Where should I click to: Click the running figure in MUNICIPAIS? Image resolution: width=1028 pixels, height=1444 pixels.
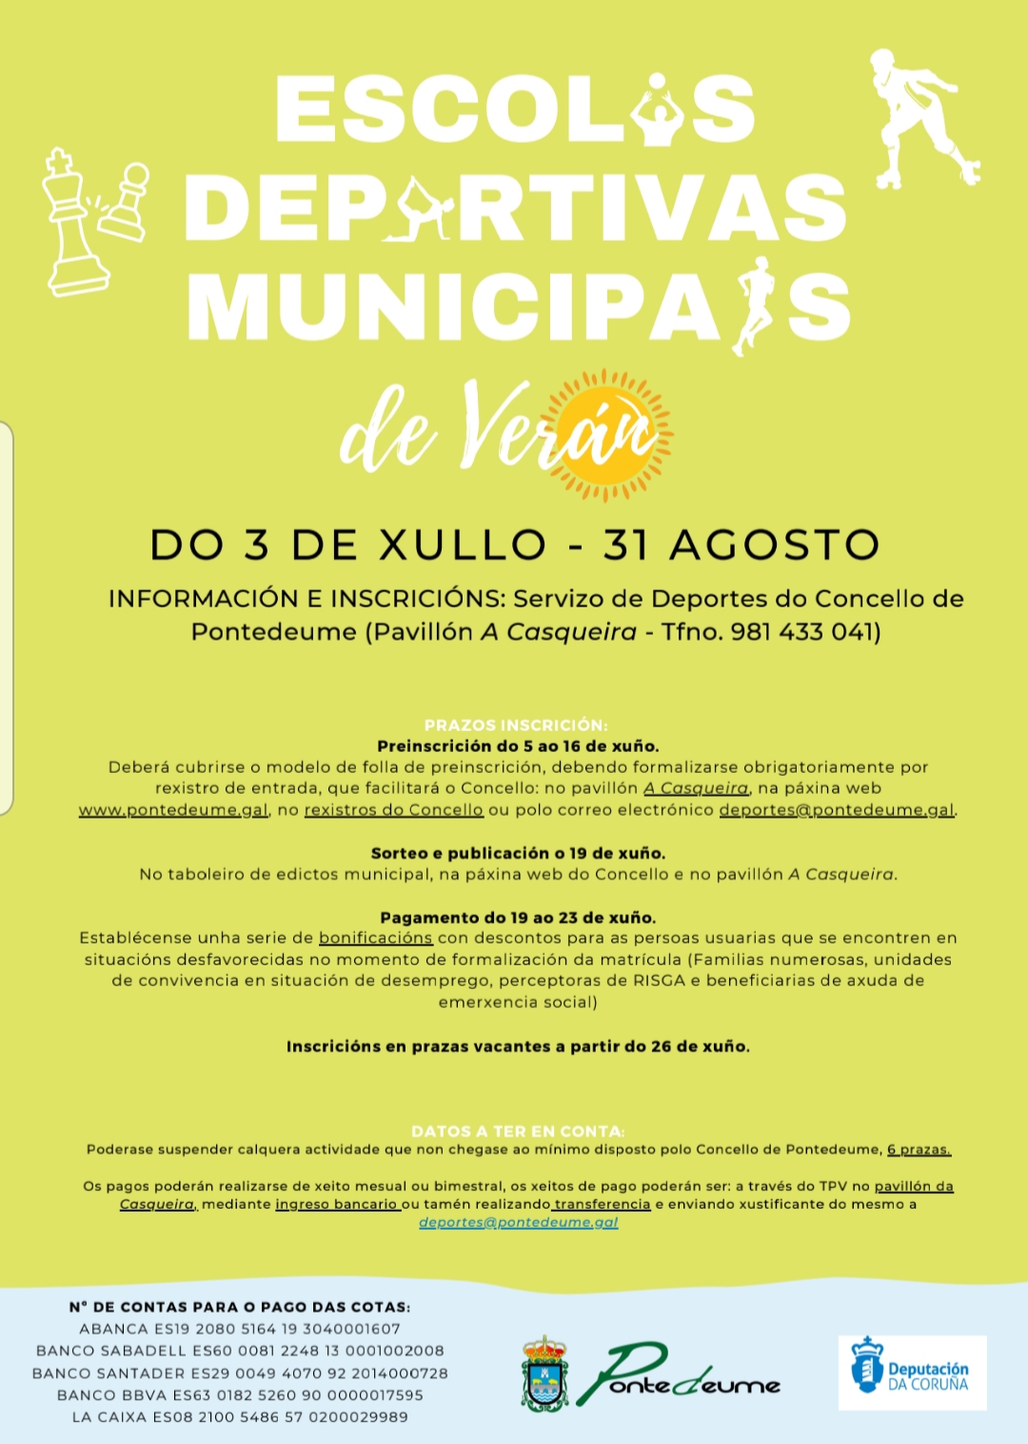[x=755, y=305]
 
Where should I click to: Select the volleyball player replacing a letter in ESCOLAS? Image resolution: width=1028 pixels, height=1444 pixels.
[x=658, y=111]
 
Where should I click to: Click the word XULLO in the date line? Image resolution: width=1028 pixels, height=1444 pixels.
[x=464, y=545]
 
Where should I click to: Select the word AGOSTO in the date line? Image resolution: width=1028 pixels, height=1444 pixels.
[x=775, y=545]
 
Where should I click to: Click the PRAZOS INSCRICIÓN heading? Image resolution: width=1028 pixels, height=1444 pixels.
[x=516, y=725]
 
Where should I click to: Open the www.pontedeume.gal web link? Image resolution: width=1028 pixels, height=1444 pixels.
[x=173, y=810]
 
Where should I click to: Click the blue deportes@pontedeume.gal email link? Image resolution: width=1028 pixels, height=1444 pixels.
[x=519, y=1222]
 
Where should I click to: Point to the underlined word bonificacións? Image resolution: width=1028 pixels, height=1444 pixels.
[x=375, y=939]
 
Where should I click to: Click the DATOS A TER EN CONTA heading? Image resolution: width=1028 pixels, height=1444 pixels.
[x=518, y=1131]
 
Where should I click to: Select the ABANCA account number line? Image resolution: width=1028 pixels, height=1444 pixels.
[x=240, y=1329]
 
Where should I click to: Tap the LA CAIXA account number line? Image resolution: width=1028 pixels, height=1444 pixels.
[x=240, y=1417]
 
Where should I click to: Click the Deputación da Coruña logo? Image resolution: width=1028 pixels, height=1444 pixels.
[x=911, y=1373]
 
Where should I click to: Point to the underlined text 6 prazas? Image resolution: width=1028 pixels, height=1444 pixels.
[x=919, y=1150]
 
